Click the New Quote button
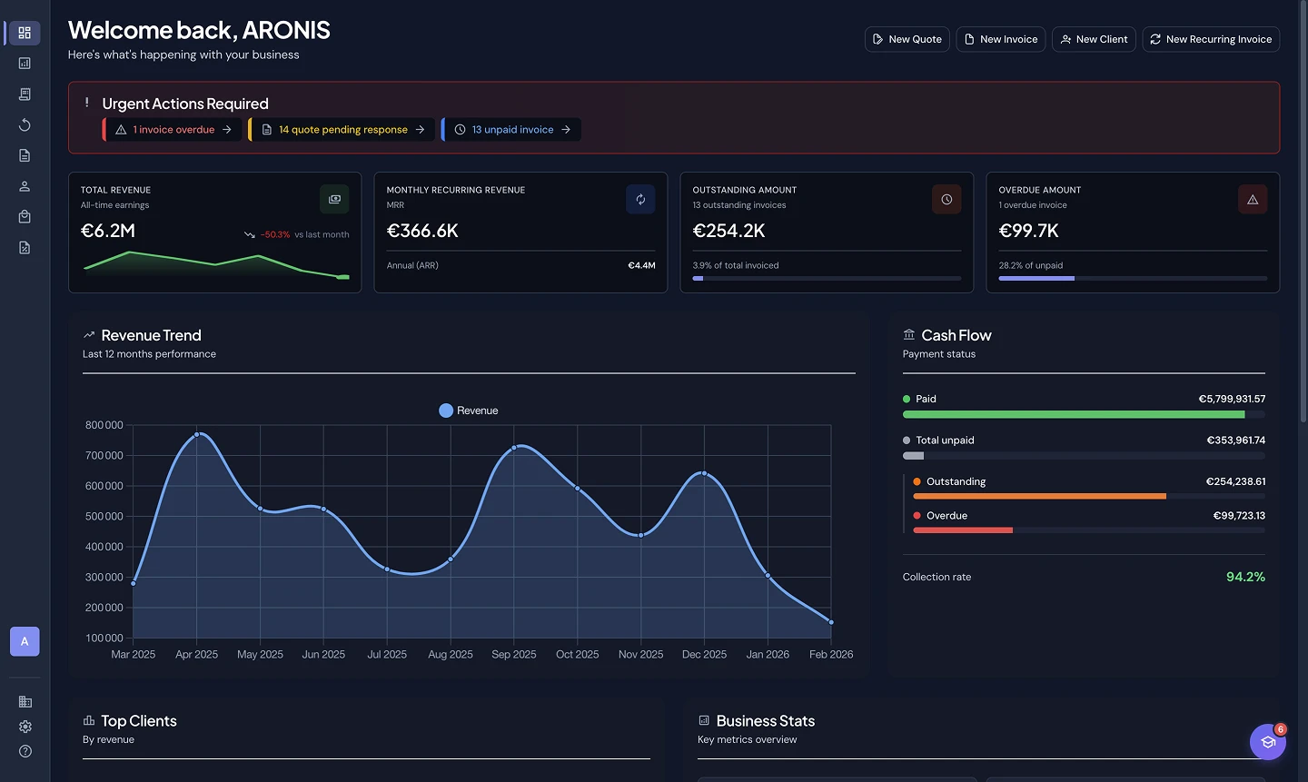(907, 39)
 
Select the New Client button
(1093, 39)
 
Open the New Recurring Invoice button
(1210, 39)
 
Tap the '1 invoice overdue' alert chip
(173, 130)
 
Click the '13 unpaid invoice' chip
(512, 130)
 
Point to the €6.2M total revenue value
(108, 231)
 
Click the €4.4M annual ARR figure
(641, 265)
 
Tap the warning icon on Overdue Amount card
(1252, 200)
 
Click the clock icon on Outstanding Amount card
(946, 200)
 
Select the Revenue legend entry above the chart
(468, 411)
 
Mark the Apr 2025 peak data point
(197, 434)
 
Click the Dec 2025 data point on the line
(704, 473)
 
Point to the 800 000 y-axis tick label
(104, 425)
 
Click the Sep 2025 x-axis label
(513, 654)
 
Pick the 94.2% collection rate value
(1244, 577)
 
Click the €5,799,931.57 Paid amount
(1231, 399)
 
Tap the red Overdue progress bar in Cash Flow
(962, 530)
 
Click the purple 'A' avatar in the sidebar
(25, 641)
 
